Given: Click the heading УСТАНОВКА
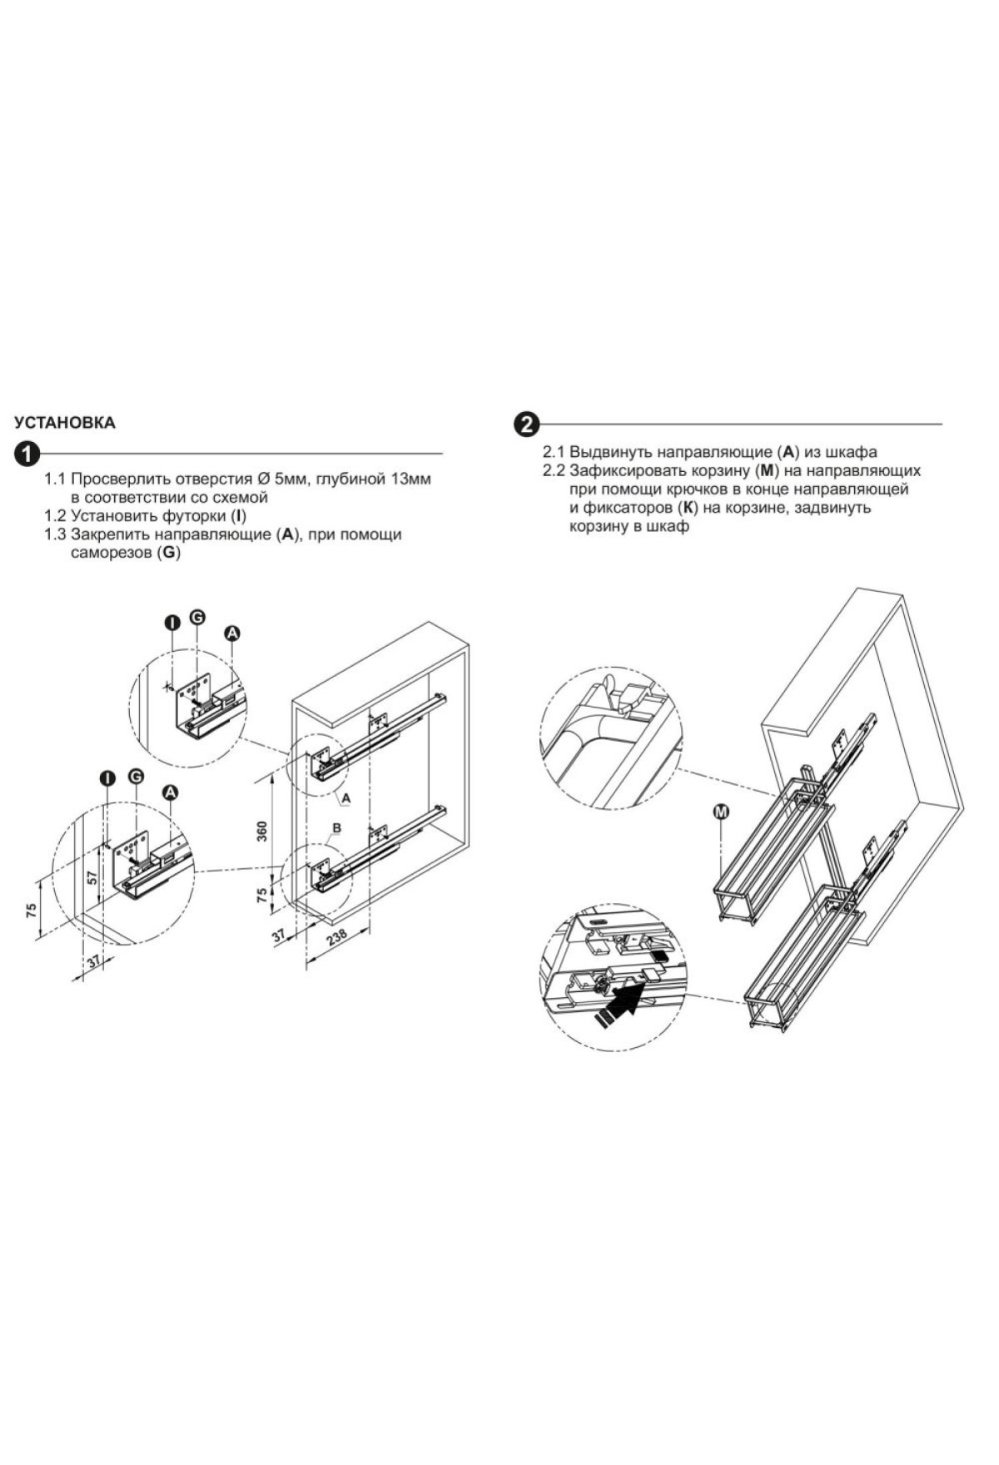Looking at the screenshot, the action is [x=66, y=423].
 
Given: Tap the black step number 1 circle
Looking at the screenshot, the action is [x=27, y=454].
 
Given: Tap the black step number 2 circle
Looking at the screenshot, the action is [x=526, y=425].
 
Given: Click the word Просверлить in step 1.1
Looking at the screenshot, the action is [x=118, y=480].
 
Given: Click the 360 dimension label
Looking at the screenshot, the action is [x=261, y=832].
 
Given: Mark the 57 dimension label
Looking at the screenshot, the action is [x=93, y=877].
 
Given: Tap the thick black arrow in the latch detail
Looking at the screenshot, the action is [x=620, y=1001].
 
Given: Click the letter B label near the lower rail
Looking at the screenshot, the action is [x=337, y=828].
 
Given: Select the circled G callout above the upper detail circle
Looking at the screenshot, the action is [x=197, y=617].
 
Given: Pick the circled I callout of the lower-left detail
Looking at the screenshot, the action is [x=107, y=778].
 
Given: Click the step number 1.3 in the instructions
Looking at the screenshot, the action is [x=55, y=535].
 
